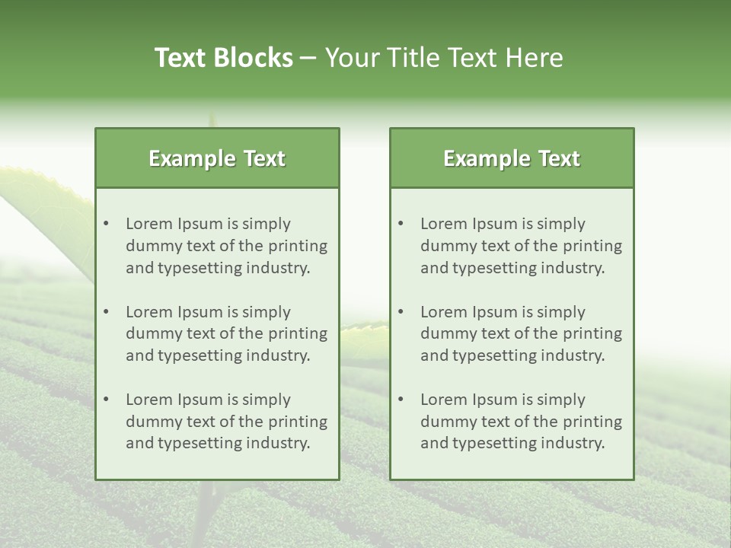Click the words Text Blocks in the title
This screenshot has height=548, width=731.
(x=224, y=58)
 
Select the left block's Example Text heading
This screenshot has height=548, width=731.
(x=217, y=158)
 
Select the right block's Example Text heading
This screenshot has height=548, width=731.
(x=512, y=158)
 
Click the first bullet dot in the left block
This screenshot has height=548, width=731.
(x=107, y=224)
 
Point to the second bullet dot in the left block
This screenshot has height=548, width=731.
(x=107, y=312)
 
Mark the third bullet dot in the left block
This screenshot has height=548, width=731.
(x=107, y=400)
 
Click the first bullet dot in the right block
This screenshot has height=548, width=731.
(x=401, y=224)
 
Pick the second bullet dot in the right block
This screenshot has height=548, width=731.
(x=401, y=312)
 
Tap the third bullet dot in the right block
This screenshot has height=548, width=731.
(x=401, y=400)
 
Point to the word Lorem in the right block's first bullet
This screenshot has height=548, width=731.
(x=443, y=224)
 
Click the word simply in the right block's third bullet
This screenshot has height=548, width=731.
(x=561, y=400)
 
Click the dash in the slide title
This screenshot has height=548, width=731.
(x=309, y=58)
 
